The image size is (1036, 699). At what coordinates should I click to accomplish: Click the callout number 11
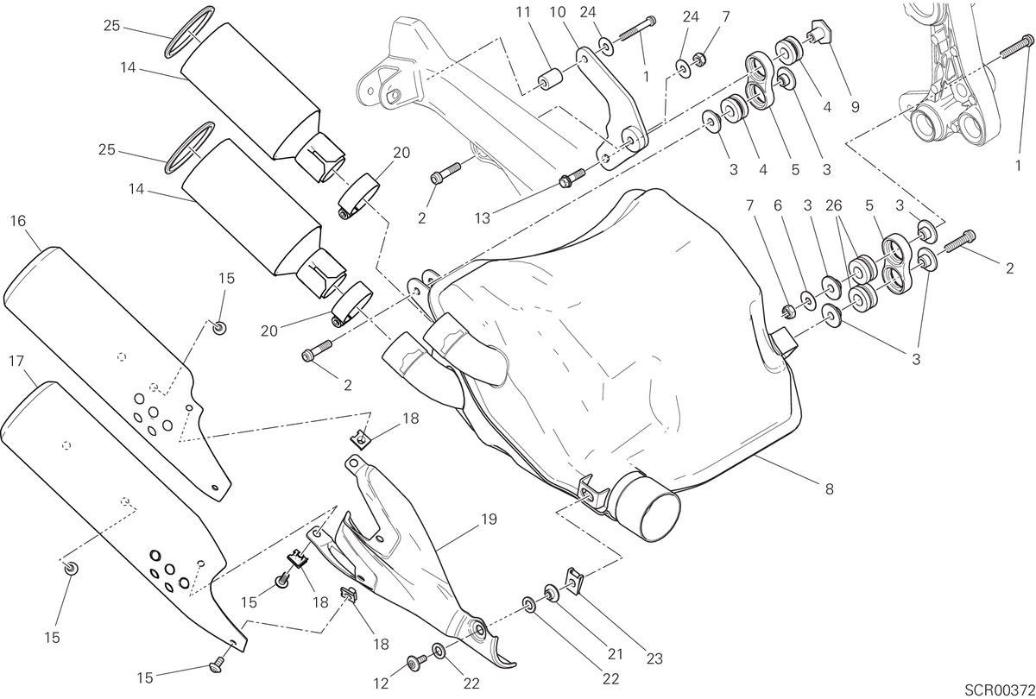pos(523,12)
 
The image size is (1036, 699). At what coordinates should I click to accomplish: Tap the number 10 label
pos(558,12)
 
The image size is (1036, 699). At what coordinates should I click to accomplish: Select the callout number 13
pos(483,218)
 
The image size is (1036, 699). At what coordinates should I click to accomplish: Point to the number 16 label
pos(18,221)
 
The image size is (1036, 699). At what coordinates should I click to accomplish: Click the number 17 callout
pos(16,361)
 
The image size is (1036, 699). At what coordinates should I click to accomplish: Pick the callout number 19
pos(489,520)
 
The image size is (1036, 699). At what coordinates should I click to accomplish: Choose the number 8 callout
pos(830,488)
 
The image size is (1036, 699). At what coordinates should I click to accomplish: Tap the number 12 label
pos(381,683)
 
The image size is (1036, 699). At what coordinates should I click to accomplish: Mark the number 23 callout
pos(654,658)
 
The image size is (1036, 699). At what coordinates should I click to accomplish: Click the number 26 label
pos(834,205)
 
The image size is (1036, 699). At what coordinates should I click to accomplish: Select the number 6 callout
pos(778,205)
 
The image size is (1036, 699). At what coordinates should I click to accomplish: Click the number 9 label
pos(856,107)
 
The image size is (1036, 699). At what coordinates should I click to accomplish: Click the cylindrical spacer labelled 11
pos(552,79)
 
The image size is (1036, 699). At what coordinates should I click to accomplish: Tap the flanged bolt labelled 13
pos(572,178)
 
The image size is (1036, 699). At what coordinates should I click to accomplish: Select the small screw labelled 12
pos(417,663)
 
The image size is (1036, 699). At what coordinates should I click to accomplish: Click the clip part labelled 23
pos(575,581)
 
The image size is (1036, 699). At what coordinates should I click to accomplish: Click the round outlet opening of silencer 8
pos(656,517)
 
